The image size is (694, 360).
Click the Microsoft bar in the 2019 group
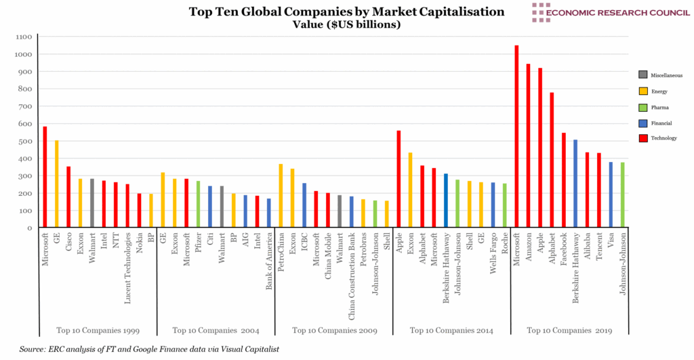516,136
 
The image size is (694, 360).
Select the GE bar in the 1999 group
57,184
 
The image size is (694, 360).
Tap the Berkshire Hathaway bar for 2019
575,184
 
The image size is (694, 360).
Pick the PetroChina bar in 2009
281,196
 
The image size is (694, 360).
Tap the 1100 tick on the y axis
24,37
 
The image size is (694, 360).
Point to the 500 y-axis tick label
24,141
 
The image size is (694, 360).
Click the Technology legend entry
661,138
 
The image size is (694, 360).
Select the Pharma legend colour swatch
643,106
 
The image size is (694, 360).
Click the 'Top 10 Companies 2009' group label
334,330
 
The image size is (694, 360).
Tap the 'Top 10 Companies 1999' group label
97,330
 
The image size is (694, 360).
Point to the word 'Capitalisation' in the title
448,12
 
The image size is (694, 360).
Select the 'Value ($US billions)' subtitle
346,24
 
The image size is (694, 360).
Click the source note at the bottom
149,348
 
